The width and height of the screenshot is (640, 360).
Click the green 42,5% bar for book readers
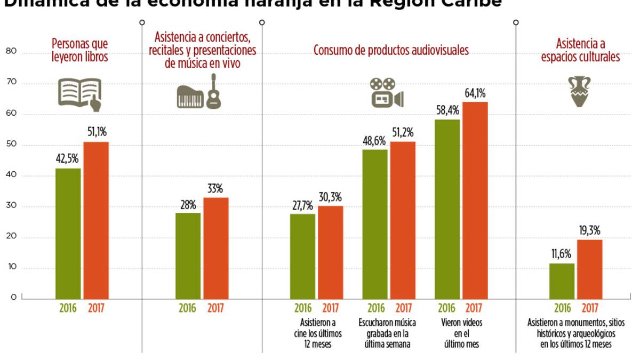68,234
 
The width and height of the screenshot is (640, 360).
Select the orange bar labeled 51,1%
96,220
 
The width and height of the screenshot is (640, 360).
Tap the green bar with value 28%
188,256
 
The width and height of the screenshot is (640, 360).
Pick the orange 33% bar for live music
216,248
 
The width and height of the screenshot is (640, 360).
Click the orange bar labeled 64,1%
475,200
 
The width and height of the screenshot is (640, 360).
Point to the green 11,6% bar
562,281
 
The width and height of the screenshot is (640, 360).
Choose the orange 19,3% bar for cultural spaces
590,269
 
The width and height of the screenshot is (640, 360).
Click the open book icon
79,94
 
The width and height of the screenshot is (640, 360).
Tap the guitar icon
214,92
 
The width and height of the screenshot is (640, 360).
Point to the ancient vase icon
580,91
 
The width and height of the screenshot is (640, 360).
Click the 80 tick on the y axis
11,52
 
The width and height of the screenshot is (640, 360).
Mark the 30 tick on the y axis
11,206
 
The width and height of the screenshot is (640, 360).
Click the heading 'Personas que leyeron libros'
79,50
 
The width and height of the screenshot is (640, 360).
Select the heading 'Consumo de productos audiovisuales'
391,51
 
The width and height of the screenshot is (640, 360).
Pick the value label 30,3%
331,197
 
